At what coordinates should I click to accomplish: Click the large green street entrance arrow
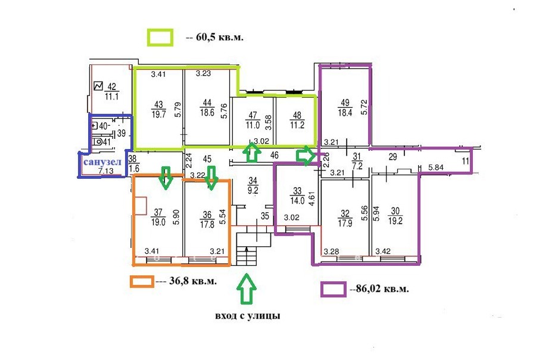[246, 289]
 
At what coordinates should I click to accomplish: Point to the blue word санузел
[102, 162]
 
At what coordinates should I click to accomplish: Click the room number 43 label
[158, 105]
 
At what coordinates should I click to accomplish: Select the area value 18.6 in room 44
[207, 112]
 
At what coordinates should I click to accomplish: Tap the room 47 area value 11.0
[253, 125]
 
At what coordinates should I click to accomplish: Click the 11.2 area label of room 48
[297, 125]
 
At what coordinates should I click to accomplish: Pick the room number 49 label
[345, 103]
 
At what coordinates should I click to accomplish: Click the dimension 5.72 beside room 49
[364, 107]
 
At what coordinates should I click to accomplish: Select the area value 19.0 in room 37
[158, 222]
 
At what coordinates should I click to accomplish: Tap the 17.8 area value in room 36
[207, 224]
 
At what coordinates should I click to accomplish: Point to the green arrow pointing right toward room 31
[306, 156]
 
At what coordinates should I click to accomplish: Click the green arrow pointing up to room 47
[252, 151]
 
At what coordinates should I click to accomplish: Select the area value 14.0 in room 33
[297, 200]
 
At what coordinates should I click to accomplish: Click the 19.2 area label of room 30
[395, 221]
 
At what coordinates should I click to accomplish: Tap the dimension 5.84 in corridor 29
[436, 167]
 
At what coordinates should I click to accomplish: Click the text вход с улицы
[248, 315]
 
